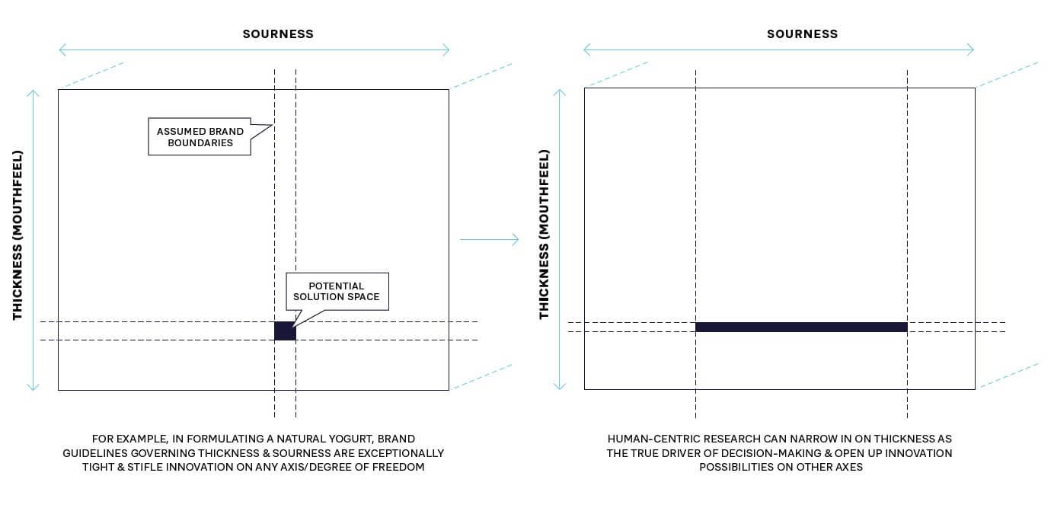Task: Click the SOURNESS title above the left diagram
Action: [x=278, y=34]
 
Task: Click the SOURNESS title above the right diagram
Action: [x=802, y=34]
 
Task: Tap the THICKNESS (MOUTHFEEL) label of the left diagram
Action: [x=18, y=234]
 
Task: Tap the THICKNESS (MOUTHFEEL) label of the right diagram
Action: [x=544, y=234]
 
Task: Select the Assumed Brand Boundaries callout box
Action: [x=200, y=137]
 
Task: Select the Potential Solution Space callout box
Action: [x=337, y=291]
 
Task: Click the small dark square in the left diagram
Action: [x=285, y=331]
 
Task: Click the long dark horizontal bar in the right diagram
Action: [x=801, y=327]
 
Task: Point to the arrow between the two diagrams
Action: [x=489, y=240]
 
